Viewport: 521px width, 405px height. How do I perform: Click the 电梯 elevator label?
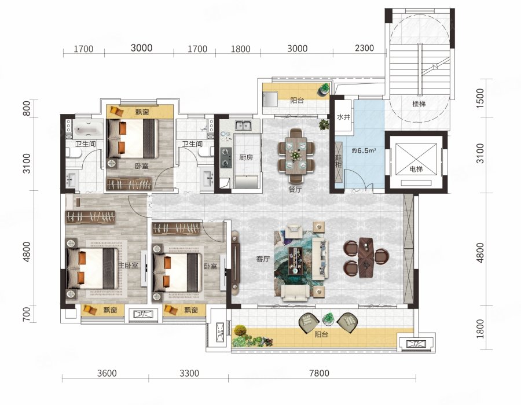[416, 170]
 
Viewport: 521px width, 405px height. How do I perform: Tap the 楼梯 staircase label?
[419, 104]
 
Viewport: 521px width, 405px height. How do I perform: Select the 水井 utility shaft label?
[343, 117]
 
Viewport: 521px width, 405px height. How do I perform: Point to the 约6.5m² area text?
[364, 150]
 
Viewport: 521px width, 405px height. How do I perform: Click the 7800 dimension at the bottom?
[319, 373]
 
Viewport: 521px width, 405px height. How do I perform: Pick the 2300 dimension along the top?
[364, 48]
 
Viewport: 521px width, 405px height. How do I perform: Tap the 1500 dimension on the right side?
[480, 98]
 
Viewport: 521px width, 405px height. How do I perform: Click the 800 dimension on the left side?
[27, 108]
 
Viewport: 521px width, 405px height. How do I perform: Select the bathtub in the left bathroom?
[89, 128]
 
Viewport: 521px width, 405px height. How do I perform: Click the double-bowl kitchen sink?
[244, 126]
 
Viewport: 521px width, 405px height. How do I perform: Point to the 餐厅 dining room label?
[295, 190]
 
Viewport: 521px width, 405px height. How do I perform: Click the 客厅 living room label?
[263, 259]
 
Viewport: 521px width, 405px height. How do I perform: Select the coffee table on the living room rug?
[295, 260]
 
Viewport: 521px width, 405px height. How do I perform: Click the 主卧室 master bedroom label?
[129, 266]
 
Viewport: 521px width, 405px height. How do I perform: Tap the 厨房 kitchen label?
[246, 157]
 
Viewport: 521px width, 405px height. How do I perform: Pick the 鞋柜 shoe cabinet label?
[339, 161]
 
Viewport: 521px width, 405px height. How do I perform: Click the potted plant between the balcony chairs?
[328, 319]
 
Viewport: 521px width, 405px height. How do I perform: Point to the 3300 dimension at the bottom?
[189, 373]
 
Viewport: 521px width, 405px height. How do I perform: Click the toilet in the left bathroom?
[74, 153]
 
